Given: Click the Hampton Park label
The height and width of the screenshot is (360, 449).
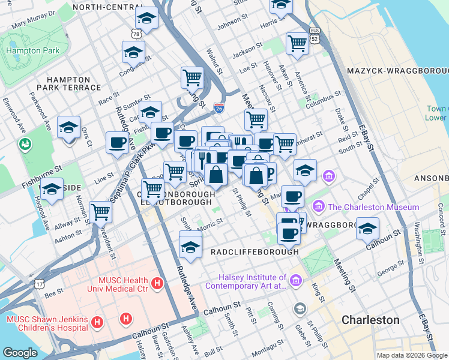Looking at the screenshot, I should click(32, 51).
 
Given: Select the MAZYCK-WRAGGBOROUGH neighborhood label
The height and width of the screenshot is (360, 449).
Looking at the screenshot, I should click(397, 71).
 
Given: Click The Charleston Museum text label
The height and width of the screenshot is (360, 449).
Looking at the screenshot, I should click(373, 207).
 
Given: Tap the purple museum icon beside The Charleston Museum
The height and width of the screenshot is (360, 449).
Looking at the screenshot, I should click(319, 207).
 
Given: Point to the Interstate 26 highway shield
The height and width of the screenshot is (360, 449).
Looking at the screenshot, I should click(219, 107).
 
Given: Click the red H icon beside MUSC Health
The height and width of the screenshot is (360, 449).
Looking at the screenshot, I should click(157, 283).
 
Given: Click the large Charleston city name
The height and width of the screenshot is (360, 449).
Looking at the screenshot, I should click(370, 320).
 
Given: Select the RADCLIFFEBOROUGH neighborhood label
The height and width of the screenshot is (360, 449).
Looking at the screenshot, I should click(255, 253).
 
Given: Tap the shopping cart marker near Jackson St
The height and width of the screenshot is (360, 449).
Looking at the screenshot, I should click(297, 43).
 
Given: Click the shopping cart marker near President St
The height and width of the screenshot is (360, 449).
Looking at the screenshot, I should click(100, 212).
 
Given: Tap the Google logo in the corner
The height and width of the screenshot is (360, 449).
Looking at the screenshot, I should click(20, 353).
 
